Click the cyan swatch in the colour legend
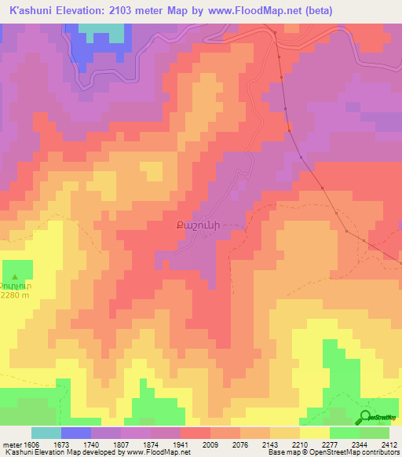[46, 433]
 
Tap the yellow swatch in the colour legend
[315, 433]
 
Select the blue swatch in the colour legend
[76, 433]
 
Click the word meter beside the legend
[10, 444]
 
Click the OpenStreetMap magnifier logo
[365, 417]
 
